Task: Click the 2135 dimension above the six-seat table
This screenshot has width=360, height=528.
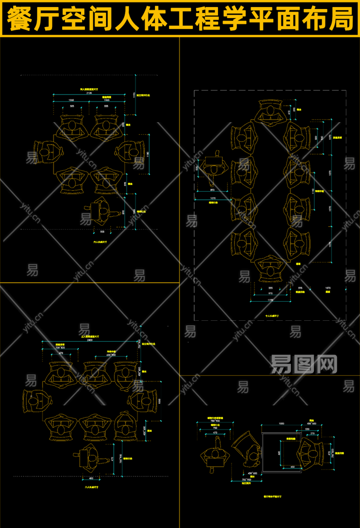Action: tap(89, 93)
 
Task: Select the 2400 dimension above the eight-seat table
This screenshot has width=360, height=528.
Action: tap(89, 340)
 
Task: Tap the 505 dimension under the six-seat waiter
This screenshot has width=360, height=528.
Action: tap(102, 232)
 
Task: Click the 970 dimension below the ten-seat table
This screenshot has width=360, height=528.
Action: tap(270, 294)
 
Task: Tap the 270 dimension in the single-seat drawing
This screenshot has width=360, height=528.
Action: tap(312, 434)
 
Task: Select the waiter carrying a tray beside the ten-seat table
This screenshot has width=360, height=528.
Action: tap(215, 165)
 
